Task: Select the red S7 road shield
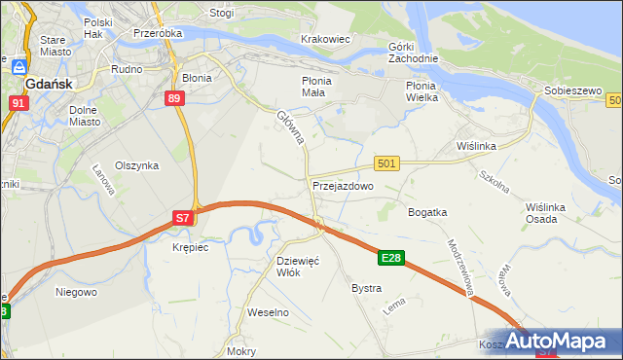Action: tap(183, 219)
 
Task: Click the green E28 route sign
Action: tap(391, 258)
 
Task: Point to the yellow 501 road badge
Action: tap(386, 164)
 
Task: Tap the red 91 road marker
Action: tap(18, 101)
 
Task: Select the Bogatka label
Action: tap(427, 211)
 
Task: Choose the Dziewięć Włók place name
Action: tap(298, 267)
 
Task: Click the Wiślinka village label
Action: tap(477, 146)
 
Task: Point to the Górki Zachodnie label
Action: tap(413, 53)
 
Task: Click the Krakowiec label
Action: tap(325, 39)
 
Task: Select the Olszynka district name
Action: tap(136, 165)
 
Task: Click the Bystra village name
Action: tap(366, 289)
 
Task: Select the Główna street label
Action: tap(291, 127)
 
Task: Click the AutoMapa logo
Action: tap(565, 342)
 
